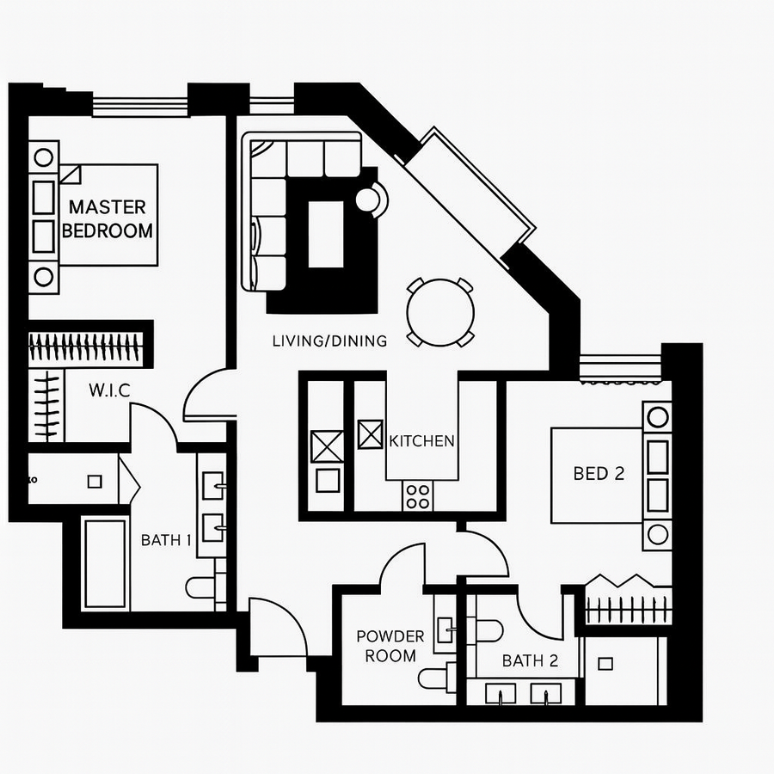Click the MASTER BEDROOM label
(107, 218)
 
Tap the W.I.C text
(109, 390)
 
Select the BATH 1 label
(167, 540)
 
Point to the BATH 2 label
(530, 660)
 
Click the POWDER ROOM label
(390, 646)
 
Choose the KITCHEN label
(421, 441)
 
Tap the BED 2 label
(599, 473)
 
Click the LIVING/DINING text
(329, 341)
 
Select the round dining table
(440, 311)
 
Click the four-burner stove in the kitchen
(419, 494)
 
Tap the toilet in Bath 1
(205, 588)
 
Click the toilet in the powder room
(437, 677)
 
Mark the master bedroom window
(139, 107)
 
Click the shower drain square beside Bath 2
(605, 663)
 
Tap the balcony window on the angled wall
(470, 193)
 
